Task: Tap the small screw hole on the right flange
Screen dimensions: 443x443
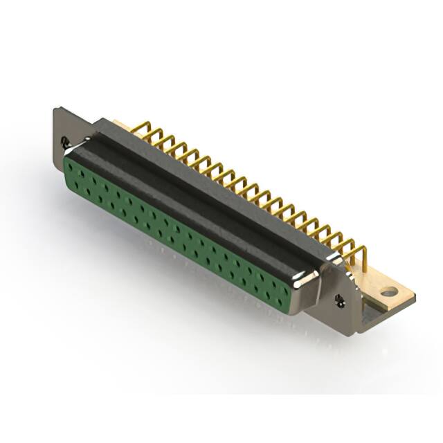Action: pyautogui.click(x=340, y=299)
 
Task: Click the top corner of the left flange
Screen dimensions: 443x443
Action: pyautogui.click(x=57, y=108)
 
